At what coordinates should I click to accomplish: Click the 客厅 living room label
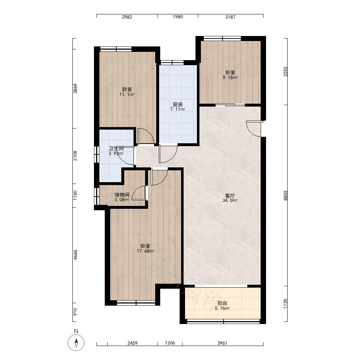point(230,196)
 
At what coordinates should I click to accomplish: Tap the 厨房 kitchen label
point(178,104)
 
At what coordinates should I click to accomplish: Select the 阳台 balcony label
point(222,303)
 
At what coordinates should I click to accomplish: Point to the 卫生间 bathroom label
point(116,149)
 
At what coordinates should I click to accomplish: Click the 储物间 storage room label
point(122,195)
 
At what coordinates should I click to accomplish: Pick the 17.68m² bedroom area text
point(145,251)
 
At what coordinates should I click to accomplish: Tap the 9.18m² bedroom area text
point(230,77)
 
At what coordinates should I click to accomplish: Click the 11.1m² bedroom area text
point(127,94)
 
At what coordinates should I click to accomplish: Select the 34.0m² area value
point(230,200)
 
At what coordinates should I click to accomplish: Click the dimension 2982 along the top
point(127,17)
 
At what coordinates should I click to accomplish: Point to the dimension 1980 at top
point(178,17)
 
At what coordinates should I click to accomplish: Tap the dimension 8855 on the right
point(285,195)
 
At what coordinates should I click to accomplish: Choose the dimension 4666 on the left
point(75,255)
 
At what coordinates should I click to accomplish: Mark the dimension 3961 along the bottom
point(222,343)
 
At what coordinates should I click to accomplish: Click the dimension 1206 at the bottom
point(170,343)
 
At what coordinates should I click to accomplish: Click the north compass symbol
point(76,343)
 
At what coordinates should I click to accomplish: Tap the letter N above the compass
point(76,331)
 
